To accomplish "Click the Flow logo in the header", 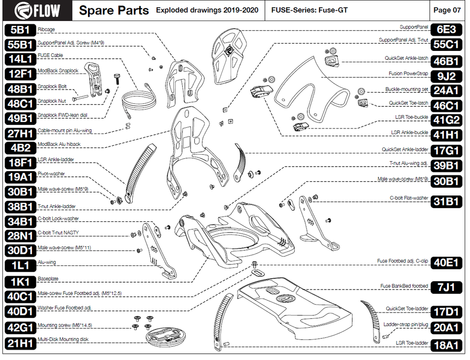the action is (x=37, y=10).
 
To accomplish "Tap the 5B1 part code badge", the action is (x=21, y=30).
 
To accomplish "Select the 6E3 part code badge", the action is (x=446, y=29).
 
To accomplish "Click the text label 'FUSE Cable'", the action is (x=50, y=55).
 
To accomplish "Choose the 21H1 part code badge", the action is (x=21, y=343).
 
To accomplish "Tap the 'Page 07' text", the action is (x=447, y=10).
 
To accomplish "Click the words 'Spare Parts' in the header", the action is (x=114, y=10).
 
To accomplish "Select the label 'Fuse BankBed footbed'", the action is (x=404, y=286).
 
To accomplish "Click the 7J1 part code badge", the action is (x=446, y=287).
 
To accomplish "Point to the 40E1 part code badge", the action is (x=446, y=263).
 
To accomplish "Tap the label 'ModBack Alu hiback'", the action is (x=59, y=144).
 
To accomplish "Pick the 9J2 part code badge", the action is (x=446, y=76).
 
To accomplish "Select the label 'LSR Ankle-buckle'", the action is (x=409, y=132).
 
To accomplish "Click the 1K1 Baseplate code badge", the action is (x=21, y=282).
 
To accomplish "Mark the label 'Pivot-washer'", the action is (x=51, y=174).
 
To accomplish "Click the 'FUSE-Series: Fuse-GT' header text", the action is (x=309, y=10).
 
